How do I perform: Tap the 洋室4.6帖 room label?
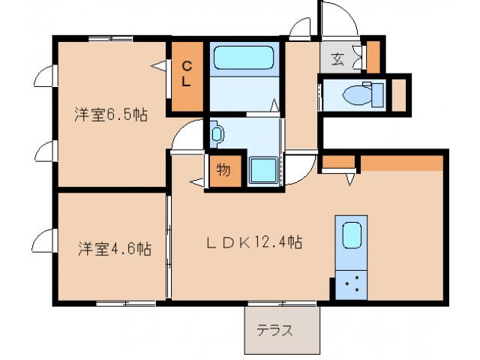(x=114, y=248)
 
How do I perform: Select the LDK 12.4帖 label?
(x=255, y=243)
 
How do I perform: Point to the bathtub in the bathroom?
(x=244, y=58)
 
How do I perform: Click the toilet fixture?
(x=360, y=94)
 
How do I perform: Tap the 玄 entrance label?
(x=338, y=59)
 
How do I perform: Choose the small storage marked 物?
(x=223, y=170)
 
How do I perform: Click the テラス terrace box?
(x=282, y=330)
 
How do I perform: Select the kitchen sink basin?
(x=352, y=235)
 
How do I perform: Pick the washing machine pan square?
(x=263, y=169)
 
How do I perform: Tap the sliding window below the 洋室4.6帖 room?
(x=125, y=302)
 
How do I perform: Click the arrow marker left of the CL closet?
(x=158, y=67)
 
